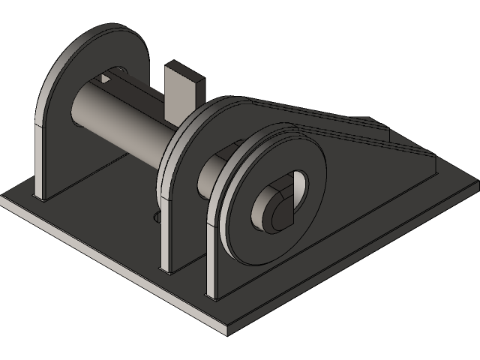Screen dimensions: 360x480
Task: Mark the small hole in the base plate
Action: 157,217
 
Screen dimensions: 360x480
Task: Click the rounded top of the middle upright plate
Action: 202,112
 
